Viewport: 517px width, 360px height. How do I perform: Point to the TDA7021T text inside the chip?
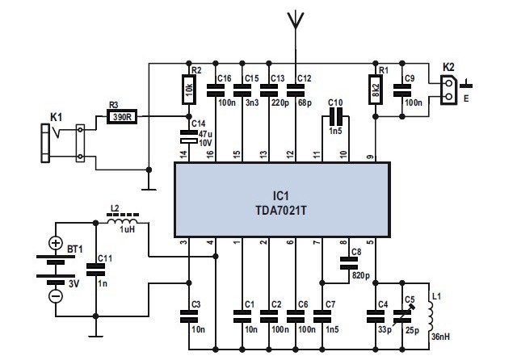click(x=283, y=211)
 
